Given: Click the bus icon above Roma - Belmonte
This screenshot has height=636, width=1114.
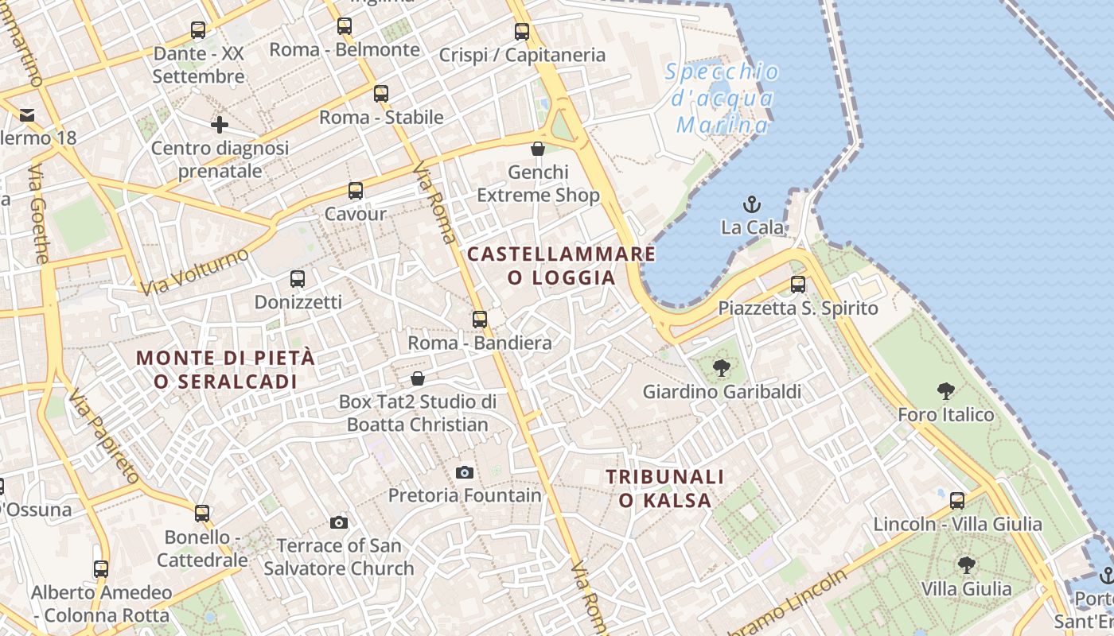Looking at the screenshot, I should click(x=344, y=26).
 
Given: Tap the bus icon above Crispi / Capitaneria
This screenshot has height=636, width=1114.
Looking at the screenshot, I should click(x=522, y=32).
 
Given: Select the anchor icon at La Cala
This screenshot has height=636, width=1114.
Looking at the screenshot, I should click(x=752, y=204).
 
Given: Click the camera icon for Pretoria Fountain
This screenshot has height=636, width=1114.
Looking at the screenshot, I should click(x=465, y=472).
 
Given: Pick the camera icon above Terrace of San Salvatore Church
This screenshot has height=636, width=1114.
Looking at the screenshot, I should click(x=339, y=522).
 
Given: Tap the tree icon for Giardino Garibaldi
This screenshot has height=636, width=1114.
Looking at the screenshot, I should click(x=722, y=368).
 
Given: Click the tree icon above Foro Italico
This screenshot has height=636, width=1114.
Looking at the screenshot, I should click(x=946, y=391).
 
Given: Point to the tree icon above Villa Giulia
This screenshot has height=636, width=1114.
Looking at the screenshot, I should click(x=967, y=565).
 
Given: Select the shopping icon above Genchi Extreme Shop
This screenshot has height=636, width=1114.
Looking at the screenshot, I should click(x=538, y=149).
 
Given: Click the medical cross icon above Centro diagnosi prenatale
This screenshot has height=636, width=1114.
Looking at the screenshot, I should click(x=220, y=125).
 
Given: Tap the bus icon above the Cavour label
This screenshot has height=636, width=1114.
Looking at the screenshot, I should click(x=356, y=191).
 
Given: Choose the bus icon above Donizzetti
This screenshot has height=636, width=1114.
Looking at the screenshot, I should click(x=298, y=279).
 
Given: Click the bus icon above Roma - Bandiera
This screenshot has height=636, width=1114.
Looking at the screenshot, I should click(x=480, y=320).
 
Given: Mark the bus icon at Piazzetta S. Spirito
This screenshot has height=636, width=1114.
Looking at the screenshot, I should click(x=798, y=285).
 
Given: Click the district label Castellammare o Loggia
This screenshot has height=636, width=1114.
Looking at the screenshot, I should click(x=562, y=266).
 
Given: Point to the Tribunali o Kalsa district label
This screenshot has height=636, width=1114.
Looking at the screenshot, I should click(x=665, y=488).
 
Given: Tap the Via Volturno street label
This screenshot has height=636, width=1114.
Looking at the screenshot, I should click(x=194, y=272).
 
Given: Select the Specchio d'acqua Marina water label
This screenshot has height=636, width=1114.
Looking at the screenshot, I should click(x=722, y=98).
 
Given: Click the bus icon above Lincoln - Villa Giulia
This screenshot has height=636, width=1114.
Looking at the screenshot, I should click(x=957, y=501).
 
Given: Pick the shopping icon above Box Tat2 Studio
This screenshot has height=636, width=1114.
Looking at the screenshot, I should click(x=418, y=378).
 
